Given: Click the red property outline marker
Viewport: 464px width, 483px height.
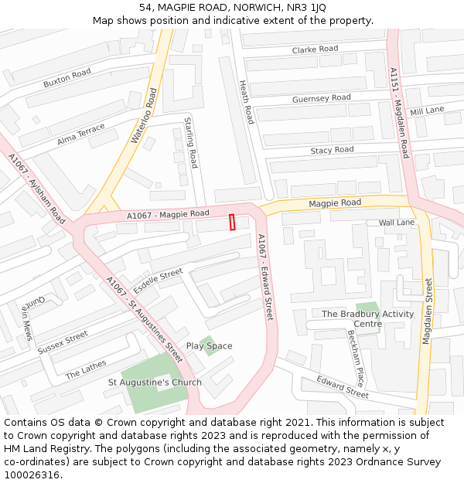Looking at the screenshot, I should tap(232, 222).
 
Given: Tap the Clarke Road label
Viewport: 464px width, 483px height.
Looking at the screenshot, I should tap(315, 49).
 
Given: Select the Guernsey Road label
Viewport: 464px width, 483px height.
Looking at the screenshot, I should tap(321, 99).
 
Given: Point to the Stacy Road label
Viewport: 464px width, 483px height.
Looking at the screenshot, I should tap(332, 150).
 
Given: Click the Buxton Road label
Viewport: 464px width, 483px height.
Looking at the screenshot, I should tap(67, 78).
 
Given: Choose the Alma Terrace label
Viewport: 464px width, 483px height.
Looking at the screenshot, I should tap(81, 135).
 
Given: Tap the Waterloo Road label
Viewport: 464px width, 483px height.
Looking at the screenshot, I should tap(144, 116).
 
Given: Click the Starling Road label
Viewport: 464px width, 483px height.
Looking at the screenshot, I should tap(191, 142).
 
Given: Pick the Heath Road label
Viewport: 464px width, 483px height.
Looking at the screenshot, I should tap(246, 102).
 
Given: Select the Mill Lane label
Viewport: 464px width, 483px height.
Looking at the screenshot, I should tap(427, 111).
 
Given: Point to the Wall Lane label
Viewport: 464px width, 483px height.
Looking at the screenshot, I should tap(397, 223).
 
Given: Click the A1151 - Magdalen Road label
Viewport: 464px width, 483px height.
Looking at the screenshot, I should tap(399, 113).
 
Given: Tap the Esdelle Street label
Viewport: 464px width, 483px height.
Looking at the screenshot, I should tap(158, 280).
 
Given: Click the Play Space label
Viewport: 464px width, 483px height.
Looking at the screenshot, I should tap(209, 346).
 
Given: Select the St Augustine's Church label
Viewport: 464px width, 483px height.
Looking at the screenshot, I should tap(155, 383).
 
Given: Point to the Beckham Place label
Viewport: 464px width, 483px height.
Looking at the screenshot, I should tap(356, 359).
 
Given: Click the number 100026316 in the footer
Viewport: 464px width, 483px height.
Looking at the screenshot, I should tap(32, 475).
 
